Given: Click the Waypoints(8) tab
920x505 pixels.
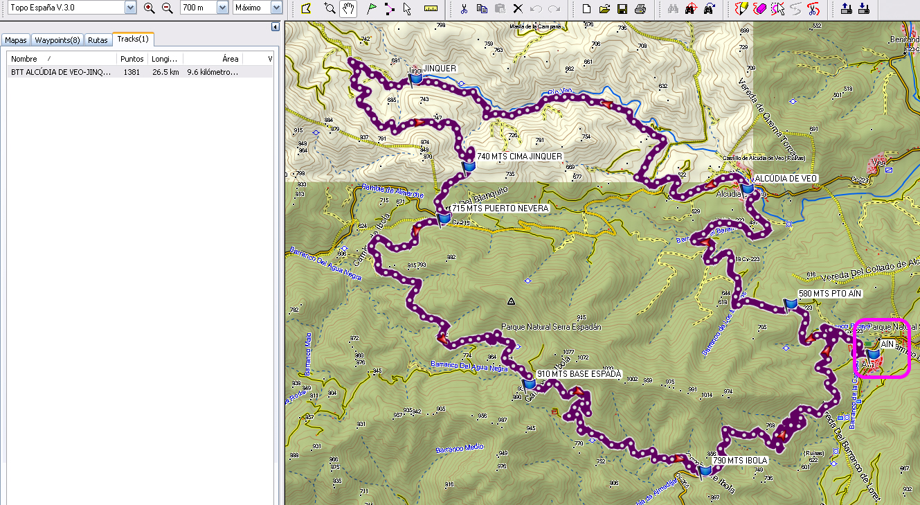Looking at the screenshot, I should tap(57, 40).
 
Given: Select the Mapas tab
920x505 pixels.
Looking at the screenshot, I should tap(15, 40).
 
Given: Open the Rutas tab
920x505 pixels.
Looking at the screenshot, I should tap(98, 40).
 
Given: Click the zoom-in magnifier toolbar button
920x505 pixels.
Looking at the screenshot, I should tap(150, 8).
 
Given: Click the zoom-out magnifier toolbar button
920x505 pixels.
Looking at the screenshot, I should tap(168, 8).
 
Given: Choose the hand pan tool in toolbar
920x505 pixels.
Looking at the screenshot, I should tap(349, 8).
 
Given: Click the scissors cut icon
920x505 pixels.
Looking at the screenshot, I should tap(464, 8).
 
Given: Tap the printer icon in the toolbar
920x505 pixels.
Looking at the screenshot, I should tap(640, 8).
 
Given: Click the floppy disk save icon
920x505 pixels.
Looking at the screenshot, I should tap(622, 8).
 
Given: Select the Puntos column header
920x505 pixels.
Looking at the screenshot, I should tap(132, 59).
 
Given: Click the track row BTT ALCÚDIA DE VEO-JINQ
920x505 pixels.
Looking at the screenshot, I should tap(61, 72).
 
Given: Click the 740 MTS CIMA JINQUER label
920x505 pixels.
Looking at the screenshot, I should tap(519, 157).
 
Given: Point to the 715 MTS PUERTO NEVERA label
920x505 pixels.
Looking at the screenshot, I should tap(500, 208).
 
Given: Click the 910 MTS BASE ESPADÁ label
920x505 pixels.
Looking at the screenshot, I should tap(579, 374).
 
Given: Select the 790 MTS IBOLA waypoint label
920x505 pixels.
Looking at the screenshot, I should tap(739, 460).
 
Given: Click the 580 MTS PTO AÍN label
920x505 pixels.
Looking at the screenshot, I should tap(829, 294).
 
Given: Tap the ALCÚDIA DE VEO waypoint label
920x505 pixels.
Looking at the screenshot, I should tap(786, 178).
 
